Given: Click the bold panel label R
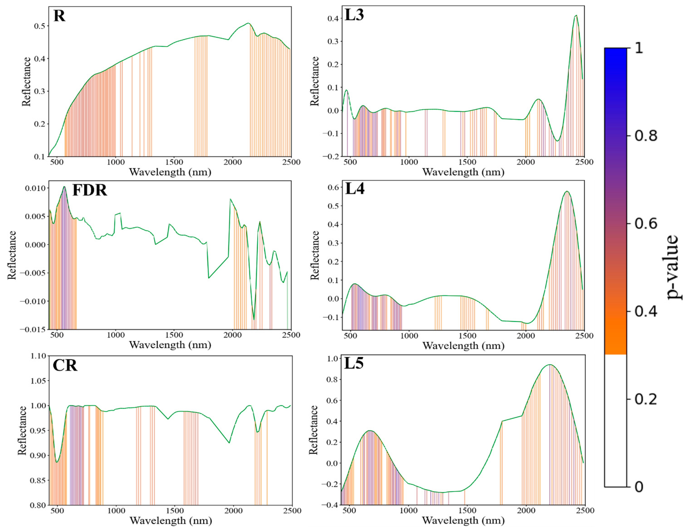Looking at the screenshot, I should pyautogui.click(x=59, y=16).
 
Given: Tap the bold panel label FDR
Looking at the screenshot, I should pyautogui.click(x=90, y=190).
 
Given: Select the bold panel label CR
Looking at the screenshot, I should pyautogui.click(x=65, y=365).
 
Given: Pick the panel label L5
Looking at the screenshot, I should pyautogui.click(x=354, y=363).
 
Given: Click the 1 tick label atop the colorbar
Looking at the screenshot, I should pyautogui.click(x=639, y=48).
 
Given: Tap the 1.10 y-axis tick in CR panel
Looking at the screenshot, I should pyautogui.click(x=38, y=356).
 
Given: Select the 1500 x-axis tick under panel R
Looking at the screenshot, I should pyautogui.click(x=174, y=162).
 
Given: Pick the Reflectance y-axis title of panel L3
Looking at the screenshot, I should pyautogui.click(x=314, y=81).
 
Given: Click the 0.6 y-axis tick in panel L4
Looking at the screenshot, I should pyautogui.click(x=333, y=187).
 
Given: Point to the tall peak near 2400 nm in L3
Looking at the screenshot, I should pyautogui.click(x=576, y=16).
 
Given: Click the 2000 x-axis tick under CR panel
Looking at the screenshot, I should pyautogui.click(x=234, y=510).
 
